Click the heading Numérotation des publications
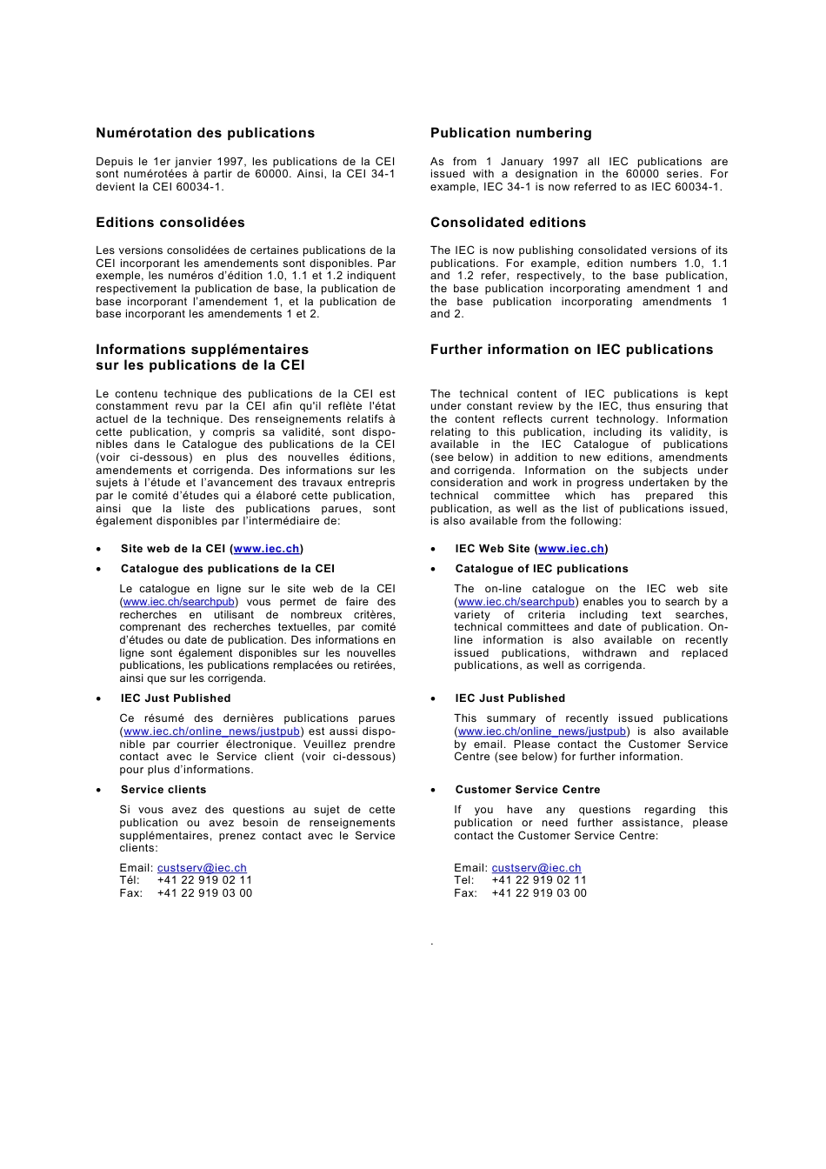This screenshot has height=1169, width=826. tap(205, 133)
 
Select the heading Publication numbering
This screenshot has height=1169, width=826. tap(510, 133)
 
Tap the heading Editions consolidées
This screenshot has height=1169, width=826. tap(170, 223)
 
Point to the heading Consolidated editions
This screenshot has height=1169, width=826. tap(508, 223)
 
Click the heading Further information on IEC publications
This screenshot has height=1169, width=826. tap(571, 350)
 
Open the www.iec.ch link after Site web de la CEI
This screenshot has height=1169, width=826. tap(266, 549)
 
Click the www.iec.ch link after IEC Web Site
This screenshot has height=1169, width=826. tap(571, 549)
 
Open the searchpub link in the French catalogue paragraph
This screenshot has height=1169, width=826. tap(179, 602)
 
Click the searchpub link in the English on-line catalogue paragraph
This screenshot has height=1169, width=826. tap(516, 602)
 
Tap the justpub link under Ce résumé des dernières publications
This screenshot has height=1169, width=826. tap(211, 731)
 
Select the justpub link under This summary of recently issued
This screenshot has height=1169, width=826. tap(542, 731)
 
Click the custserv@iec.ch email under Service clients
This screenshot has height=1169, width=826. tap(202, 868)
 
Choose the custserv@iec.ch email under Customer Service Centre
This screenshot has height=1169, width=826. tap(536, 868)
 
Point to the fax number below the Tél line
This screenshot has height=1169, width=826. tap(204, 893)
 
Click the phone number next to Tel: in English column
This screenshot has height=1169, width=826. tap(539, 880)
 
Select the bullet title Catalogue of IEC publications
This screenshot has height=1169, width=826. tap(542, 569)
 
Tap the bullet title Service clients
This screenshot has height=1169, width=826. tap(163, 790)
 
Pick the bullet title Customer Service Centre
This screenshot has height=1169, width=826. tap(528, 790)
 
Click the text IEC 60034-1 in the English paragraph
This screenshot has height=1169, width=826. tap(681, 187)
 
